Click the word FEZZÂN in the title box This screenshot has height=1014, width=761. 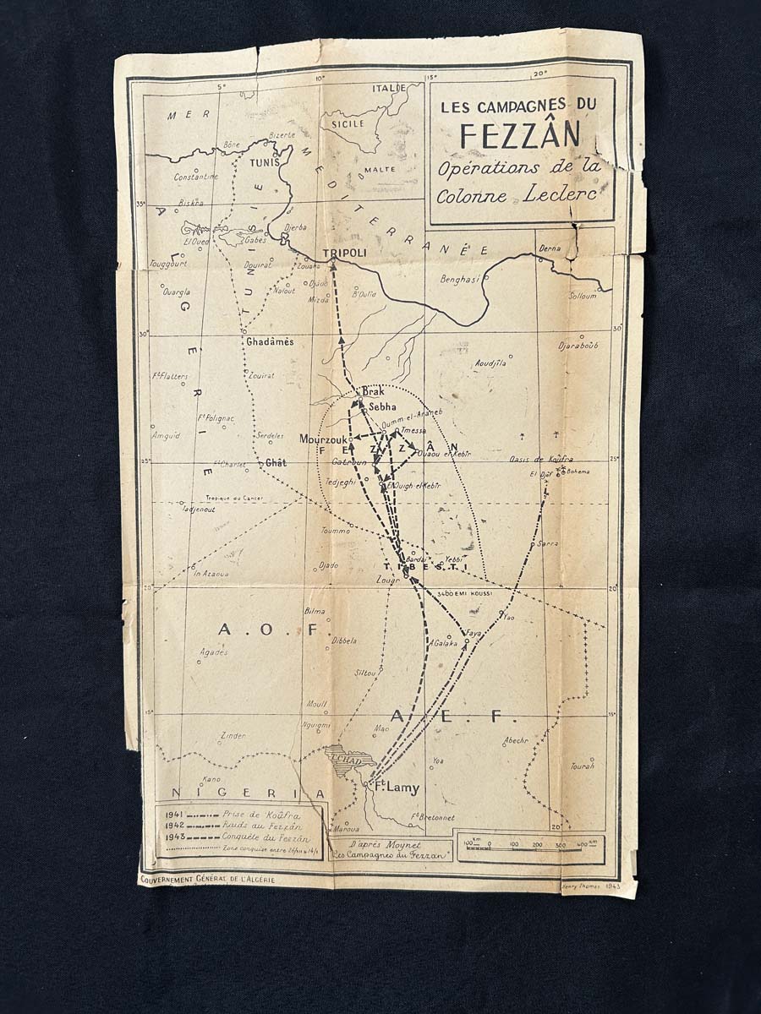tap(520, 135)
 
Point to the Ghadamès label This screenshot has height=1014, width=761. tap(270, 341)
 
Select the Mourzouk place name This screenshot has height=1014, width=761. tap(322, 440)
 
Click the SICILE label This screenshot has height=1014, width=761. tap(347, 123)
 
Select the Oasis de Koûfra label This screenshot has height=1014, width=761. tap(539, 459)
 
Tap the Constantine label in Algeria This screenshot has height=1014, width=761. tap(196, 177)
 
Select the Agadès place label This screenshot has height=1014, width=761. tap(214, 651)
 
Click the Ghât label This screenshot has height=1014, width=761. tap(276, 463)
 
